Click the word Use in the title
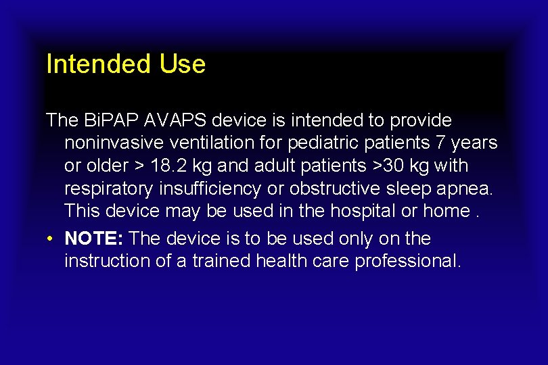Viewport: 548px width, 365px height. [183, 64]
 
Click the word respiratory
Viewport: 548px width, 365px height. [112, 189]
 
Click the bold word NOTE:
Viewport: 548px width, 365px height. [94, 239]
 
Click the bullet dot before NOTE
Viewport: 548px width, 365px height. [51, 239]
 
